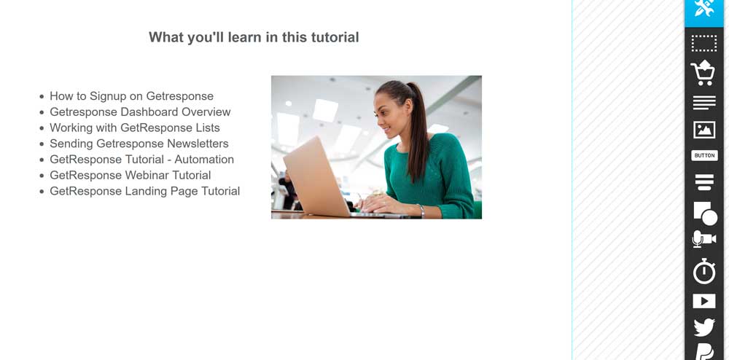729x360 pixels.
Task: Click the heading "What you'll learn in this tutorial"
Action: click(x=254, y=37)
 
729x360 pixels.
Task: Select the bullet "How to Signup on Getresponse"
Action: click(x=131, y=96)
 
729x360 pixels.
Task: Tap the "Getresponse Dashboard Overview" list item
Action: click(x=140, y=112)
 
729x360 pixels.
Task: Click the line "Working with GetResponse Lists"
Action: click(x=135, y=128)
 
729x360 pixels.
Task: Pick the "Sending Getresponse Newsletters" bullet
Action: click(x=139, y=144)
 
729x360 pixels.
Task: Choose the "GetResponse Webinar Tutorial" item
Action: click(x=130, y=175)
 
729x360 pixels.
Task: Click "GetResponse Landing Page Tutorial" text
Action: click(x=144, y=191)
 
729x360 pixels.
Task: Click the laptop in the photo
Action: click(x=325, y=179)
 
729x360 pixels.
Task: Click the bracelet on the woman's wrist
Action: click(x=421, y=211)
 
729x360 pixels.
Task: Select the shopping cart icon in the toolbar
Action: click(x=703, y=73)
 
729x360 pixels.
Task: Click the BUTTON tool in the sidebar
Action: click(x=704, y=156)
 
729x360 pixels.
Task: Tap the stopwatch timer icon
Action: click(x=704, y=271)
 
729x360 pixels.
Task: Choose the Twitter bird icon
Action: click(x=704, y=327)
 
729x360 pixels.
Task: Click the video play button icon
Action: click(x=704, y=301)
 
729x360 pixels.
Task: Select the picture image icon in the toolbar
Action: click(x=704, y=130)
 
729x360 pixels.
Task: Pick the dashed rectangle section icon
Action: click(x=704, y=43)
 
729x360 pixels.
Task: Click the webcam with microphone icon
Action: click(x=704, y=239)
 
